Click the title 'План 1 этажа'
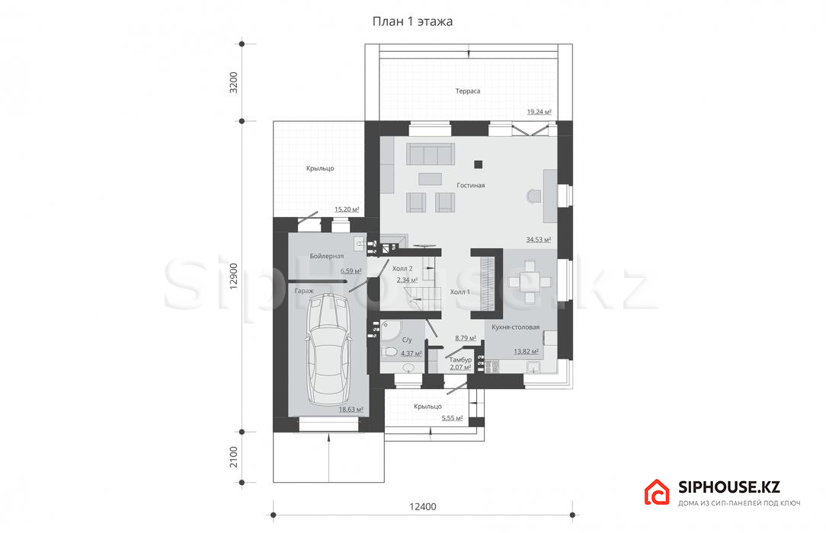(x=412, y=21)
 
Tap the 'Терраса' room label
(x=468, y=91)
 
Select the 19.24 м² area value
(x=539, y=111)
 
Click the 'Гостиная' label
(x=470, y=185)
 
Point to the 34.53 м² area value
(x=539, y=239)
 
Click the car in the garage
(x=328, y=350)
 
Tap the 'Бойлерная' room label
(x=327, y=257)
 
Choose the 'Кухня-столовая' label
(x=516, y=327)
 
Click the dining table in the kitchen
(x=530, y=282)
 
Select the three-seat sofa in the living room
(x=430, y=154)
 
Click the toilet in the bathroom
(x=390, y=352)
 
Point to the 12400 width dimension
(x=422, y=506)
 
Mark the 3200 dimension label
(x=233, y=82)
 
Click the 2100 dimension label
(x=233, y=457)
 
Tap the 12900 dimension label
(x=233, y=276)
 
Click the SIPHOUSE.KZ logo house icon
(x=657, y=493)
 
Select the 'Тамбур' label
(x=460, y=360)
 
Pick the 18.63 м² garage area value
(x=351, y=410)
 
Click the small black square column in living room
(x=478, y=164)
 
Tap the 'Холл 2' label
(x=402, y=268)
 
